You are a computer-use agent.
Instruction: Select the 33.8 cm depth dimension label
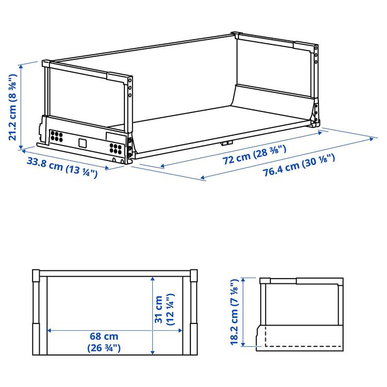click(62, 167)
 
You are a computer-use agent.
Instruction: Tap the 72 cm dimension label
click(254, 154)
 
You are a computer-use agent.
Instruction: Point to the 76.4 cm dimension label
click(299, 165)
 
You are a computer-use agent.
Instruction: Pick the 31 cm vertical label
click(165, 310)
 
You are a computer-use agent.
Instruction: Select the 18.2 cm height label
click(236, 313)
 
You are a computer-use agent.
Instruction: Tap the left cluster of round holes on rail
click(56, 137)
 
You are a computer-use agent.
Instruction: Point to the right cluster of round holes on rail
click(116, 149)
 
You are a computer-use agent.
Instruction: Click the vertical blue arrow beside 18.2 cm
click(244, 313)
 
